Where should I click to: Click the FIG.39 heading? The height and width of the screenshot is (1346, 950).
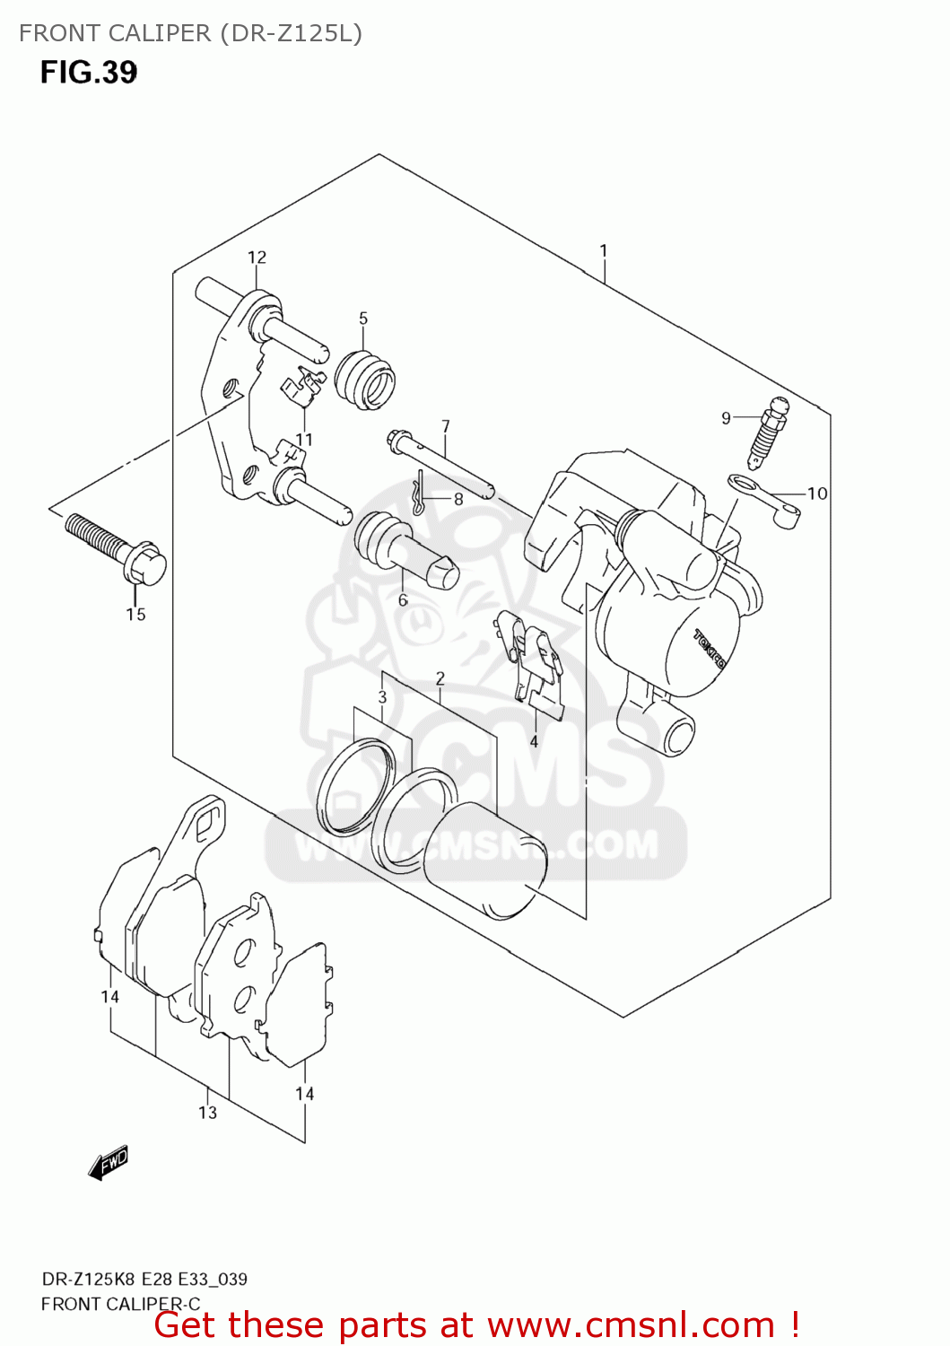(88, 72)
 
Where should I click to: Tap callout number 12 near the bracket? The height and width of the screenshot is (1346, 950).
(257, 258)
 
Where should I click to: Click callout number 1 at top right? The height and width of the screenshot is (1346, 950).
(604, 250)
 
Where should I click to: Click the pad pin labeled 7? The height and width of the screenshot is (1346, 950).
(440, 465)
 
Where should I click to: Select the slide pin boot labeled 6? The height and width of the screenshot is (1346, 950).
(404, 549)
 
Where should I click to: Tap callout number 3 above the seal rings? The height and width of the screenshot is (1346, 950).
(382, 697)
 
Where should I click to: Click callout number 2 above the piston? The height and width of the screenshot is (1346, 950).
(440, 678)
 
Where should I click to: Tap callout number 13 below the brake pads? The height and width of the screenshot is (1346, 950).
(207, 1113)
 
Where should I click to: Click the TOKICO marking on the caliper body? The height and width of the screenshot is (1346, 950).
(709, 649)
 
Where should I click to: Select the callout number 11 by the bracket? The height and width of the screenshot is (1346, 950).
(304, 440)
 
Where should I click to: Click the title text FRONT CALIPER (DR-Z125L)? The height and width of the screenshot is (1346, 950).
(190, 33)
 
